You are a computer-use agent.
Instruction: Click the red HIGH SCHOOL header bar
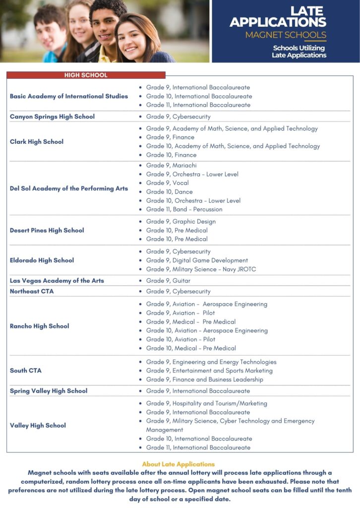point(86,75)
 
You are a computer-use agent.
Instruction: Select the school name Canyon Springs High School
point(52,117)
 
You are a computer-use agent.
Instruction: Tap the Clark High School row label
point(37,142)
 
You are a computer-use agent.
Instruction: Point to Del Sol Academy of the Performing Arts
point(69,189)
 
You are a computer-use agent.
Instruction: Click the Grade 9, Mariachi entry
point(171,165)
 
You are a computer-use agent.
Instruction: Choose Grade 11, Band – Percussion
point(184,209)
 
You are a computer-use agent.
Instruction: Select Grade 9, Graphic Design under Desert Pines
point(180,222)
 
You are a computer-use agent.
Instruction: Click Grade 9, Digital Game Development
point(197,260)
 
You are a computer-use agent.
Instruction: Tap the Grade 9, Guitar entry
point(168,281)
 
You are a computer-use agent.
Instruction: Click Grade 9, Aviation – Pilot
point(180,313)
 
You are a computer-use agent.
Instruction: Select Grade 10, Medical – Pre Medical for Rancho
point(191,348)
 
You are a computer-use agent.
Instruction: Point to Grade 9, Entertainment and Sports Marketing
point(209,371)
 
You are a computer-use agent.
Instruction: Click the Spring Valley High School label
point(49,391)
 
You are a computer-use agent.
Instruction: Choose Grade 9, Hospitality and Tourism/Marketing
point(206,403)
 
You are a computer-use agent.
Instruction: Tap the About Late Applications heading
point(179,464)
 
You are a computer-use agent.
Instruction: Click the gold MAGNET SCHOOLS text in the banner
point(286,35)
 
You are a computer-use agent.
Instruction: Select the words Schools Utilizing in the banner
point(299,48)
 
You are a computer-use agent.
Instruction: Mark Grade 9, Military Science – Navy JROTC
point(201,269)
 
